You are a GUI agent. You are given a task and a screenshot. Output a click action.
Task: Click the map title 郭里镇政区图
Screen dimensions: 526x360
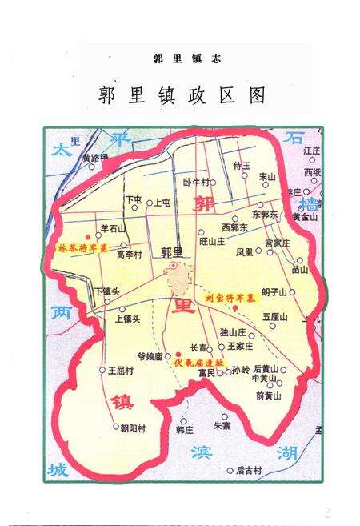[x=182, y=95]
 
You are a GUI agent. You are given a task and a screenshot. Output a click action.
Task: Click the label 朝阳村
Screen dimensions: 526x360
[x=132, y=428]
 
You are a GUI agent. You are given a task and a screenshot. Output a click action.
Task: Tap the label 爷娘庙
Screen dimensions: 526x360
[x=150, y=355]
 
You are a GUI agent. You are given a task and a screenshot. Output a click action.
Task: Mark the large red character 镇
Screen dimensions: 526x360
[x=119, y=400]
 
